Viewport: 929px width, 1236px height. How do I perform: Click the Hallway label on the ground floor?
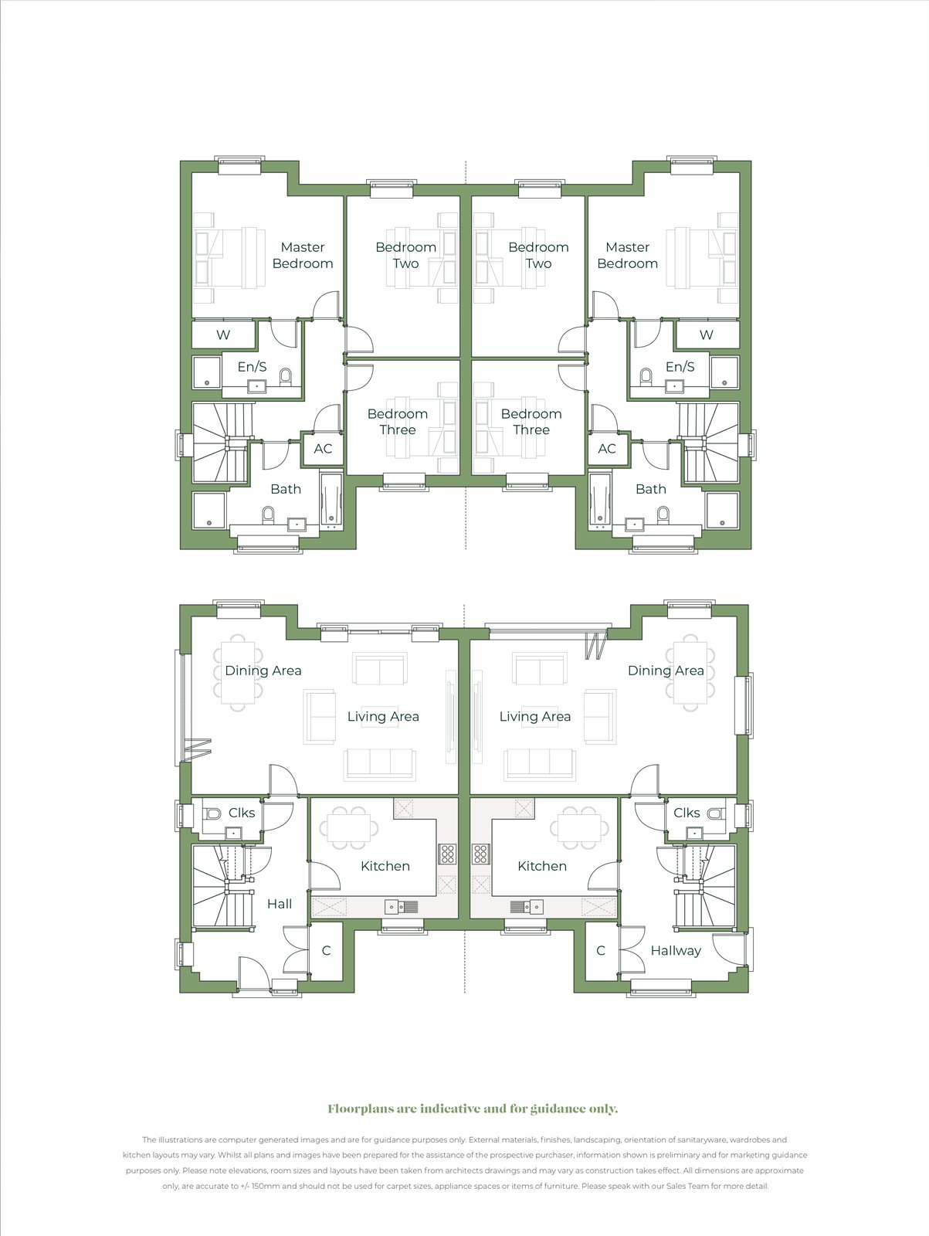tap(676, 951)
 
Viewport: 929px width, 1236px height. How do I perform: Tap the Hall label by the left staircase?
tap(280, 904)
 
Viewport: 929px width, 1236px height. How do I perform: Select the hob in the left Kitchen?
tap(447, 854)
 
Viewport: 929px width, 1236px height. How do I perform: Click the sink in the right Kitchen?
tap(526, 907)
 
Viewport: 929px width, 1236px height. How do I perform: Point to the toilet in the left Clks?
tap(213, 813)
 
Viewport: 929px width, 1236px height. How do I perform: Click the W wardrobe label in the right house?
tap(706, 335)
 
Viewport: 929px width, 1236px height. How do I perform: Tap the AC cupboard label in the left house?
tap(323, 449)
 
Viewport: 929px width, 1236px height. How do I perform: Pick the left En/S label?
tap(252, 367)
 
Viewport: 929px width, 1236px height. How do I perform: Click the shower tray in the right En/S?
tap(724, 372)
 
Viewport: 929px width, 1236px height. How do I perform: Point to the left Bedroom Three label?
tap(398, 422)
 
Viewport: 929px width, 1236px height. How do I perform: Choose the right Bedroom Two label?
tap(538, 255)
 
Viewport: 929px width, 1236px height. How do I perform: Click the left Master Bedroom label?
tap(303, 255)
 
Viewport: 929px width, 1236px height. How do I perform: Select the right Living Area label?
tap(535, 717)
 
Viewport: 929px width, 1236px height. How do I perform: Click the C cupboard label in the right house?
tap(601, 951)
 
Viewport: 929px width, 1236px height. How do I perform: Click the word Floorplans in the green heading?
tap(361, 1109)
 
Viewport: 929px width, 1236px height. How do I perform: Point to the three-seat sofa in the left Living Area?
tap(380, 764)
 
